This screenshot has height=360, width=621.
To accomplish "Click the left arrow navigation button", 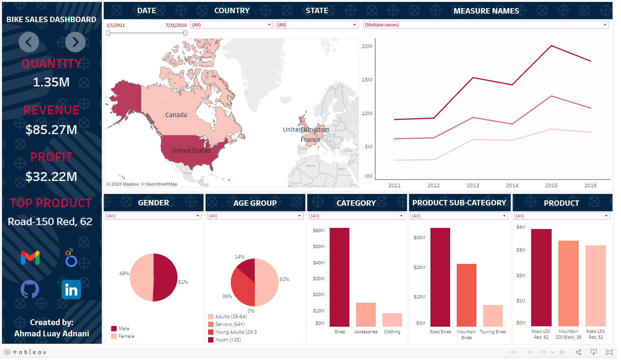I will (x=29, y=42).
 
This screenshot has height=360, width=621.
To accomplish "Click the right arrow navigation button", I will (x=75, y=42).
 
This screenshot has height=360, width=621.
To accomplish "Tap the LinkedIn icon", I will (x=71, y=289).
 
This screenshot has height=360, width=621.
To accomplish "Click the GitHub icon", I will (x=30, y=289).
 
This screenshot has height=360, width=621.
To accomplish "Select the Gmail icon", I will (x=30, y=258).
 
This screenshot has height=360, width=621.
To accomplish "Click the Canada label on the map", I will (x=176, y=115).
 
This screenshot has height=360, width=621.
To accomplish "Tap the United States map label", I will (x=191, y=151).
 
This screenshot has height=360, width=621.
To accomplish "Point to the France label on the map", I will (x=310, y=140).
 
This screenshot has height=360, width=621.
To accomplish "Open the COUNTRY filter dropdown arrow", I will (x=269, y=25).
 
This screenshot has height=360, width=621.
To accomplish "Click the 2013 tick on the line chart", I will (x=473, y=186).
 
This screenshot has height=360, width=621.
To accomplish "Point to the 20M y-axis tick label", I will (x=367, y=47).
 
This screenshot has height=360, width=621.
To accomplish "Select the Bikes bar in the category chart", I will (x=339, y=277).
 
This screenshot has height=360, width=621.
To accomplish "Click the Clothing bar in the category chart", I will (x=392, y=320).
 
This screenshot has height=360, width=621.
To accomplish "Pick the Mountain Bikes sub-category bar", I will (x=466, y=295).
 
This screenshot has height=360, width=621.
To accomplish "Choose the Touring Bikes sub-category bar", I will (x=493, y=315).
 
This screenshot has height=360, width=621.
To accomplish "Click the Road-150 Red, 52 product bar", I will (x=595, y=285).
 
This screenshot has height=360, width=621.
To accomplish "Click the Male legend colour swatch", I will (x=114, y=329).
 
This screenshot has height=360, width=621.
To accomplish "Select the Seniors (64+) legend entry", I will (x=230, y=324).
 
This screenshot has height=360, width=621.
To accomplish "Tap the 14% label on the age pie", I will (x=239, y=257).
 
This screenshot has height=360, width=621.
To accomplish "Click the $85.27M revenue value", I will (x=51, y=130).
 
